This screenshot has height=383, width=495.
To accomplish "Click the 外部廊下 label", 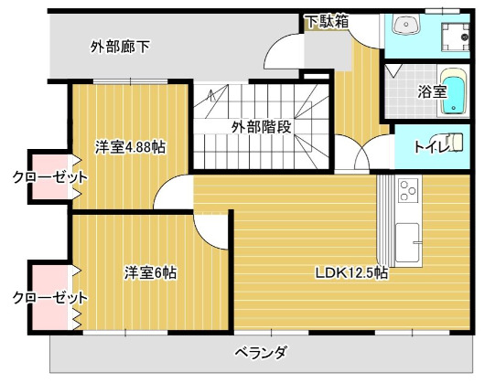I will pos(120,47).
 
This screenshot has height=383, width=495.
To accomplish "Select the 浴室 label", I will pos(432,91).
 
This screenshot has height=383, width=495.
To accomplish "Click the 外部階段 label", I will pos(261,127).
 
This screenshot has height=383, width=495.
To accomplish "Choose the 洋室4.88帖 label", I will pos(131,146).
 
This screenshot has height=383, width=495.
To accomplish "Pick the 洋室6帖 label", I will pos(151,271).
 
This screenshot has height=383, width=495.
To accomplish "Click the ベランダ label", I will pos(261,353).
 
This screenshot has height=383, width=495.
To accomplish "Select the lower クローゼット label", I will pos(49,298).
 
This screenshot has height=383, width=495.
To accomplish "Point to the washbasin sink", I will pos(405,25).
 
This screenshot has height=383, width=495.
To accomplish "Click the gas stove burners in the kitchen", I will pos(405,193).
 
